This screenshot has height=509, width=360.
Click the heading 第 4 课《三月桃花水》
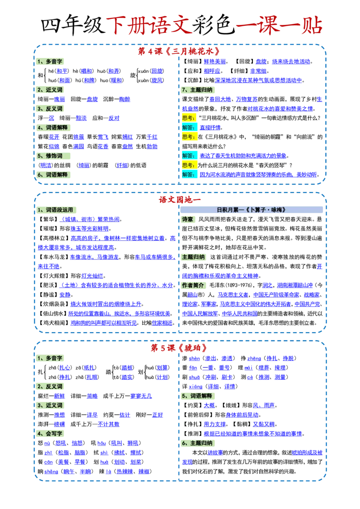coord(179,51)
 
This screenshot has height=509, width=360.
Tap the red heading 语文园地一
coord(180,200)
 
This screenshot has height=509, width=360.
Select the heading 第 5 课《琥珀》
coord(179,348)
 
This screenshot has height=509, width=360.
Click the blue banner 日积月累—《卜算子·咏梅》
coord(252,210)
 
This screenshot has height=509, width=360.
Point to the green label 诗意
coord(188,219)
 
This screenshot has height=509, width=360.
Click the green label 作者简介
coord(193,286)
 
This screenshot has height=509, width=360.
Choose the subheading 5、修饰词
coord(50,156)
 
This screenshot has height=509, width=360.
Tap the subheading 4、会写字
coord(50,433)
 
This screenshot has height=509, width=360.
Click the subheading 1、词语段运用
coord(55,210)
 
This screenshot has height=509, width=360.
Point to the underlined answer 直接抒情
coord(210,128)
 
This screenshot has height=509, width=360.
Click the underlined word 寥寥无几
coord(141,396)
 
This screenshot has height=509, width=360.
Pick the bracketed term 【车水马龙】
coord(54,257)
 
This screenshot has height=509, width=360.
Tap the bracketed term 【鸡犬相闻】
coord(54,323)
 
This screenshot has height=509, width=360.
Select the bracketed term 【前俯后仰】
coord(198,415)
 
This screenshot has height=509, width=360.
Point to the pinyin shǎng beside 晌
coord(51,472)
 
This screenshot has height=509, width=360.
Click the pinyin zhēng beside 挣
coord(254,358)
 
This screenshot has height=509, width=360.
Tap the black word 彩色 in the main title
coord(213,25)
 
